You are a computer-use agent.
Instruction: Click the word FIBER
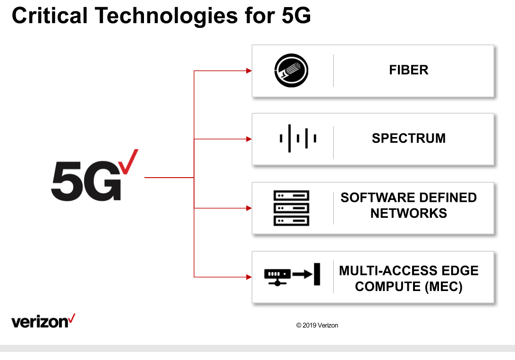409,70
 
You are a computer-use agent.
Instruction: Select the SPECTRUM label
409,138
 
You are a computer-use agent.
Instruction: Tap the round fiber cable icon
291,71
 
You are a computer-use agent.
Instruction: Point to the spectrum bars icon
298,138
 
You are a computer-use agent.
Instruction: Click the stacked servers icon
291,208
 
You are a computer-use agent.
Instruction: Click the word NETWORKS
409,214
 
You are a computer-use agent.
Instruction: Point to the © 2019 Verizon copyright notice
317,326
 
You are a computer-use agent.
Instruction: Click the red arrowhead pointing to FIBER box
249,71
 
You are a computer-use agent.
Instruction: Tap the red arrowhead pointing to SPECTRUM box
249,139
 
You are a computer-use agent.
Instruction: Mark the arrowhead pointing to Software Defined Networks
249,208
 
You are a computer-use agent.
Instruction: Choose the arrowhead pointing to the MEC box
249,276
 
